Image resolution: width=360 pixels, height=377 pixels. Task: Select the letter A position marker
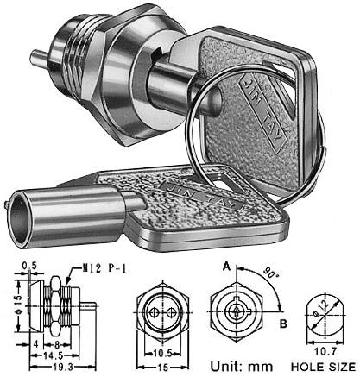[225, 267]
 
